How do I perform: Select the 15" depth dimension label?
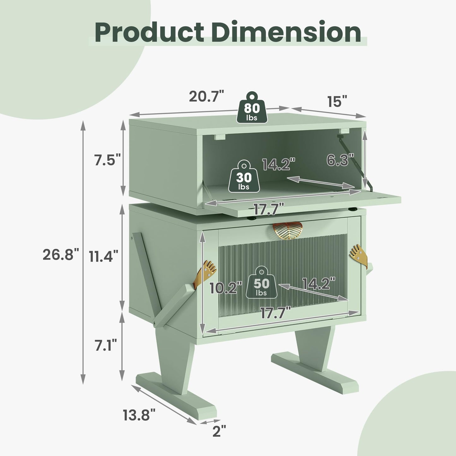(338, 101)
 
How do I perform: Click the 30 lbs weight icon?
(244, 176)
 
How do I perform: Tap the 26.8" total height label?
(61, 255)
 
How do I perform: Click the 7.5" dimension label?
(108, 160)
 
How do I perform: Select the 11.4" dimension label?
(104, 256)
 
